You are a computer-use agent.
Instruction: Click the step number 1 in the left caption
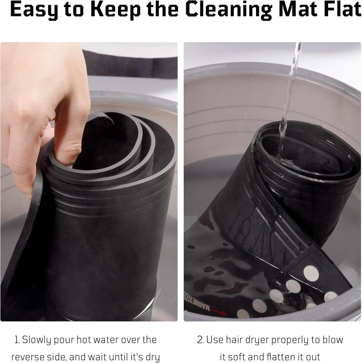point(17,340)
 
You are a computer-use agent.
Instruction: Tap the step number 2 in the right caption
point(200,340)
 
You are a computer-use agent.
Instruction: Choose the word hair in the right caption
point(235,340)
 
